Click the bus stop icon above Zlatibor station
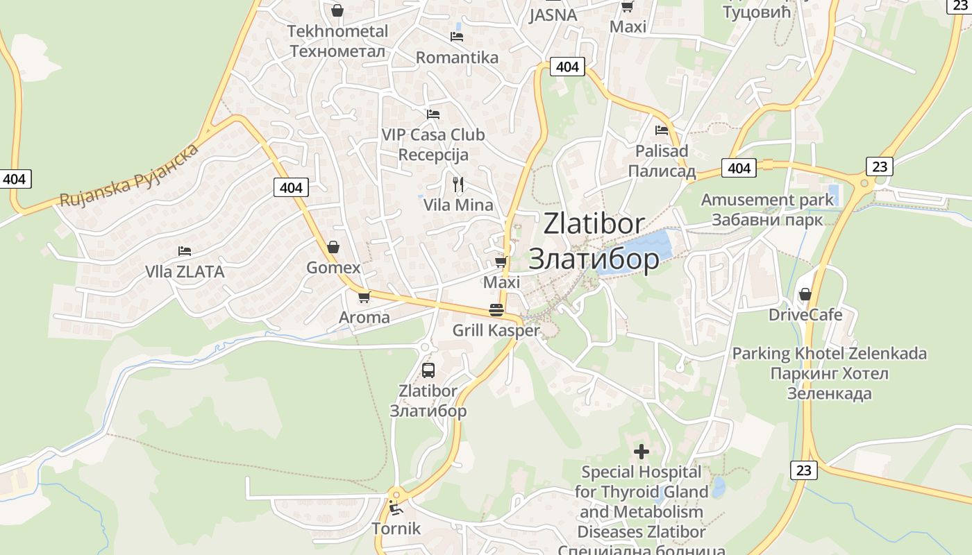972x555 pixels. (x=428, y=370)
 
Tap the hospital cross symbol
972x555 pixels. (x=642, y=452)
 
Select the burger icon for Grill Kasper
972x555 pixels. (x=496, y=309)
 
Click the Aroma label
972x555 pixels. (x=364, y=318)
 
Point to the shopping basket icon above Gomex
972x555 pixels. (x=333, y=247)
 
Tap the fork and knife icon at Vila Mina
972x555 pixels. (x=458, y=184)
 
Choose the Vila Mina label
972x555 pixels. (x=458, y=205)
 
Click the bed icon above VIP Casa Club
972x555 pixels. (x=433, y=114)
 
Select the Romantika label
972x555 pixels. (x=457, y=58)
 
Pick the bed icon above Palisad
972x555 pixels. (x=662, y=130)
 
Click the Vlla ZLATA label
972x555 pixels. (x=185, y=272)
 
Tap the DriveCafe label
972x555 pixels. (x=805, y=315)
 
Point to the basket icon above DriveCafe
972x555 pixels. (x=805, y=294)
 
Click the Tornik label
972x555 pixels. (x=396, y=529)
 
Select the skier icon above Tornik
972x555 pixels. (x=396, y=509)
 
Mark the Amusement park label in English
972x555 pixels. (x=767, y=200)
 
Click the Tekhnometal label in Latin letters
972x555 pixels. (x=337, y=31)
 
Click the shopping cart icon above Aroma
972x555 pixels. (x=363, y=297)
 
